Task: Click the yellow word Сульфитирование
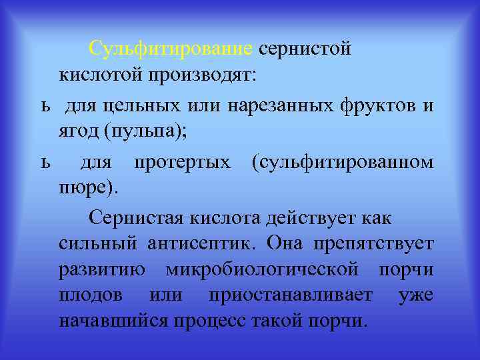(x=171, y=49)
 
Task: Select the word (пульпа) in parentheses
(x=145, y=132)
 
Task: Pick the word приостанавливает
(x=290, y=295)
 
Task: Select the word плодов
(x=89, y=295)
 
